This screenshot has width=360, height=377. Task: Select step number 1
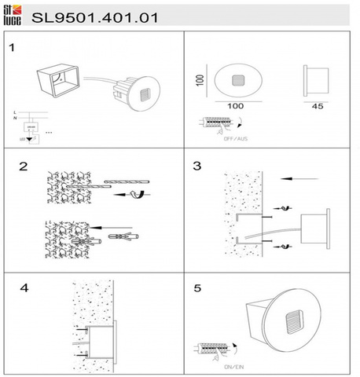12,48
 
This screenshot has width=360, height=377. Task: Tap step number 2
24,167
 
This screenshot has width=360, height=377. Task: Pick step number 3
197,167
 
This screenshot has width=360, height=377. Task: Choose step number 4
24,288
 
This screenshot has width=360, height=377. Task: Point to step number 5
197,288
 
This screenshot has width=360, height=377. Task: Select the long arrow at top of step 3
299,179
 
